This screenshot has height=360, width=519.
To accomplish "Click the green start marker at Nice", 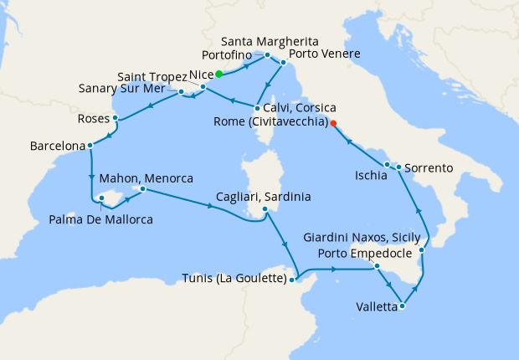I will [219, 74].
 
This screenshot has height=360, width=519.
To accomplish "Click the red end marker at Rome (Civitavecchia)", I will [333, 123].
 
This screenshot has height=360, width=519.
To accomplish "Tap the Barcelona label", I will [57, 146].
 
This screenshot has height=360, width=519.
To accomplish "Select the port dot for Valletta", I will [403, 306].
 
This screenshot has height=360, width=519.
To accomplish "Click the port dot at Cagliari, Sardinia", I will [265, 210].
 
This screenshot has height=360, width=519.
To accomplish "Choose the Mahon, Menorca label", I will [146, 178].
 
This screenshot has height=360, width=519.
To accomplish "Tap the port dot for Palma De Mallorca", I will [102, 198].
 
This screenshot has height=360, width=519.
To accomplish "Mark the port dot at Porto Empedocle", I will [377, 266].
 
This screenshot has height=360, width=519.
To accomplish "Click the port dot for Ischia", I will [387, 164].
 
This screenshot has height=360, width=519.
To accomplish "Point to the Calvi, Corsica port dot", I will [256, 108].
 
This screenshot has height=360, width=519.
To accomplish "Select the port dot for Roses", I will [115, 118].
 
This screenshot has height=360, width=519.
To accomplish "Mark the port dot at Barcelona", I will [90, 146].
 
